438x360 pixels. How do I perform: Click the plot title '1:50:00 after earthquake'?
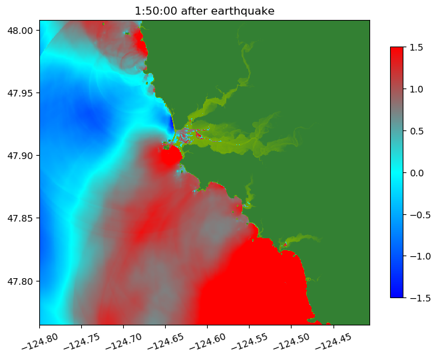click(x=204, y=11)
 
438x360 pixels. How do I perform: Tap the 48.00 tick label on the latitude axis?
click(x=21, y=31)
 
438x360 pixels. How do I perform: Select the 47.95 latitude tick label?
click(x=21, y=93)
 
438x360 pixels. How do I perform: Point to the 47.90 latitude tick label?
click(x=21, y=156)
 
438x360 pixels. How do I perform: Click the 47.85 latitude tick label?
click(x=21, y=218)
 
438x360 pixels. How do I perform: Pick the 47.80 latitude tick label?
click(x=21, y=281)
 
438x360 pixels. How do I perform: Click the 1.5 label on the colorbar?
click(x=416, y=47)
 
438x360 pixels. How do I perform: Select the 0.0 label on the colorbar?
click(x=416, y=172)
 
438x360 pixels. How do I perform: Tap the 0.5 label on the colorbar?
click(x=416, y=130)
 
